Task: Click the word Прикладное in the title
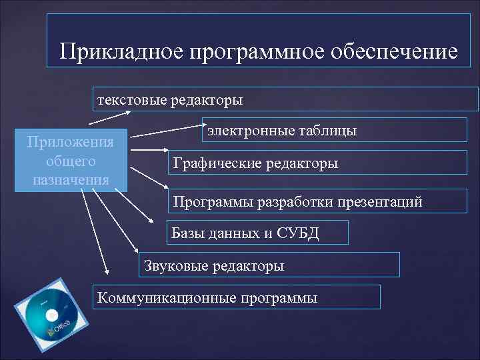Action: (119, 51)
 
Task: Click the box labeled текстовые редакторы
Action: (285, 100)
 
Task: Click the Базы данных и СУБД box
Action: (257, 233)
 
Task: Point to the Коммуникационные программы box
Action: (237, 297)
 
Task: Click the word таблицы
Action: (327, 131)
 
